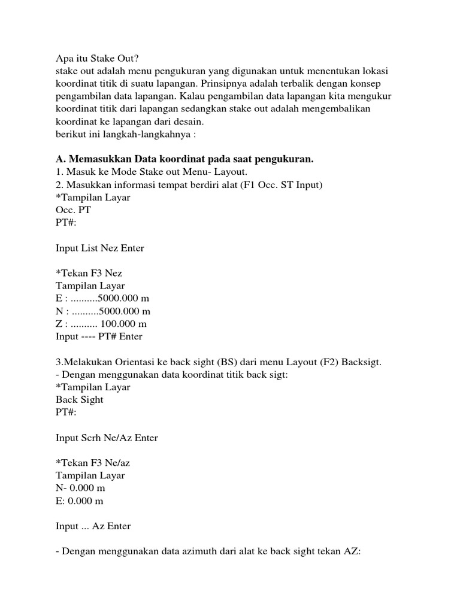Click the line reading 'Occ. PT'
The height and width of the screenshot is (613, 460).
pos(73,210)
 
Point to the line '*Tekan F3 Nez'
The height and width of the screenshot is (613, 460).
pos(89,273)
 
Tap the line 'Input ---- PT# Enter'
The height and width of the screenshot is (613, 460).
pos(99,336)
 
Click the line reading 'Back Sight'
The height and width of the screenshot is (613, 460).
pos(80,399)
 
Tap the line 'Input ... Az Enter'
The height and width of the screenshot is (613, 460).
pos(93,526)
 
